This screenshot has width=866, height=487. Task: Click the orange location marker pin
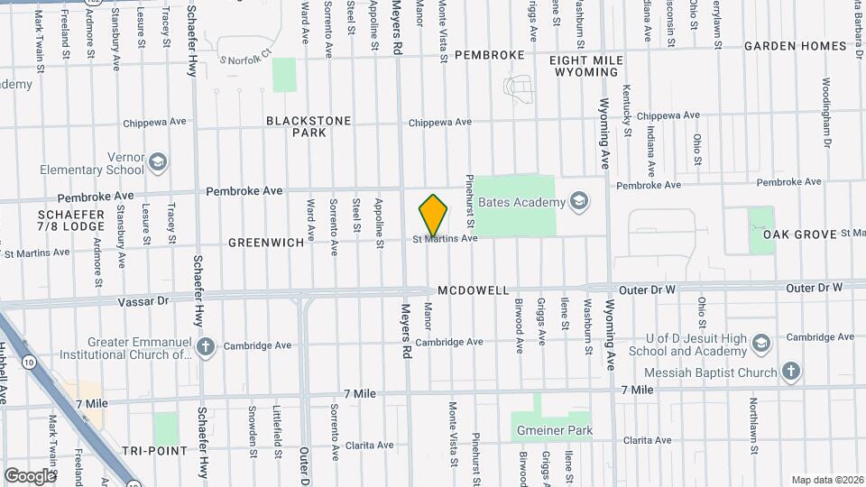tap(433, 215)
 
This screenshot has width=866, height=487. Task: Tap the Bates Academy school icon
tap(578, 200)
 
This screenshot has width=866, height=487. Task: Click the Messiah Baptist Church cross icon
tap(790, 372)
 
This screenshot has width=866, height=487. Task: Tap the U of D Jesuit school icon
tap(762, 344)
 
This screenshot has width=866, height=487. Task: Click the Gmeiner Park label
tap(554, 430)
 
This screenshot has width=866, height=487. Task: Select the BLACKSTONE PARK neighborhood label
tap(296, 125)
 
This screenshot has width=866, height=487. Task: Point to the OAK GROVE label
tap(800, 234)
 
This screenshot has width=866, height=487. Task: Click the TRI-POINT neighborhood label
tap(154, 450)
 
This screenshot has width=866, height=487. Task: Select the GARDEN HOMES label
tap(795, 46)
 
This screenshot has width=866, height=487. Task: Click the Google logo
tap(30, 475)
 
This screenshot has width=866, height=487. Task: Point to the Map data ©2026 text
tap(826, 480)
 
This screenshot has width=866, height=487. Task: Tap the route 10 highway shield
tap(30, 362)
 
